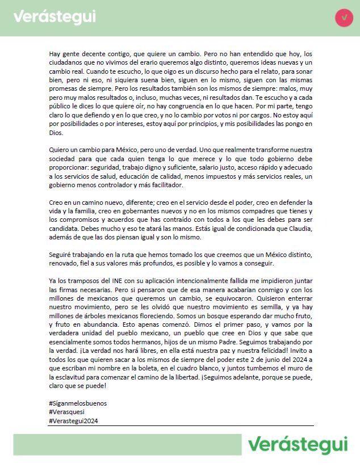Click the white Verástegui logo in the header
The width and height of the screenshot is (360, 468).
coord(55,17)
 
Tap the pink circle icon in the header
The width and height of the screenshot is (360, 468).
coord(344,18)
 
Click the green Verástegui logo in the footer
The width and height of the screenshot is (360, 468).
coord(297,444)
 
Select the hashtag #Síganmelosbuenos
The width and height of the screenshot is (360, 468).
coord(78,403)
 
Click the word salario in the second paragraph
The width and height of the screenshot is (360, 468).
coord(226,168)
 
